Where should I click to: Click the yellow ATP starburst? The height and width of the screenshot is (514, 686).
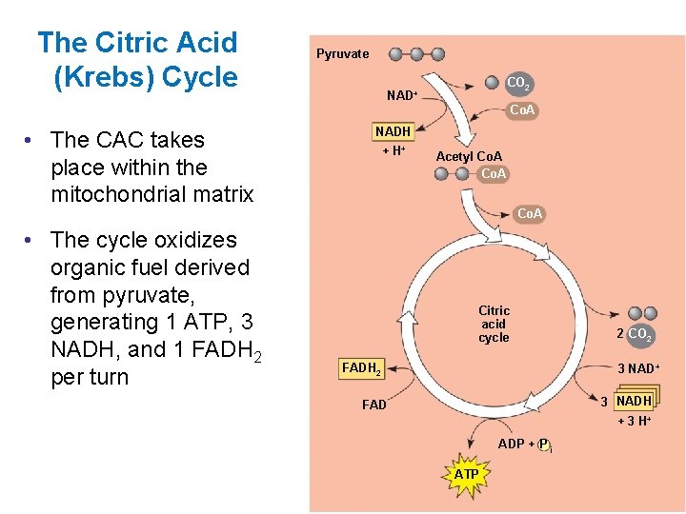[x=466, y=474]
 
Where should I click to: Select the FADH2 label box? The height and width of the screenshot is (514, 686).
[x=362, y=368]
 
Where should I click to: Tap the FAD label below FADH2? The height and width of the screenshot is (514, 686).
[x=374, y=405]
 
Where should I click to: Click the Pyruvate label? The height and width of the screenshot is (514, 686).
[x=342, y=54]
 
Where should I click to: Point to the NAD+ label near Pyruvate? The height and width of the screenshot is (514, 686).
[x=402, y=95]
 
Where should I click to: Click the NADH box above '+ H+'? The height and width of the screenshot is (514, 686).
[x=393, y=131]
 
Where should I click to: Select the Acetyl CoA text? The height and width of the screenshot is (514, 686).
[x=469, y=156]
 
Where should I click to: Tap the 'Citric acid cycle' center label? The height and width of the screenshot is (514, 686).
[x=494, y=324]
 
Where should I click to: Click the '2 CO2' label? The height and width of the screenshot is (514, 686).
[x=635, y=333]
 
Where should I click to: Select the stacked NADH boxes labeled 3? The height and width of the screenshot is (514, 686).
[x=635, y=401]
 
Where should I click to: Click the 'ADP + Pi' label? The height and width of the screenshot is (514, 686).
[x=525, y=445]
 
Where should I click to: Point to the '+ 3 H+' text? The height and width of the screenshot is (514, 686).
[x=635, y=421]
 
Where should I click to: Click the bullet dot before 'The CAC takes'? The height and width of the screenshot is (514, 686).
[x=31, y=140]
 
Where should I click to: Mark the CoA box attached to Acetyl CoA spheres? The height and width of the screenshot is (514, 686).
[x=494, y=174]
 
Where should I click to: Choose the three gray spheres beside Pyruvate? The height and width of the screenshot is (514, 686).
[x=416, y=54]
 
